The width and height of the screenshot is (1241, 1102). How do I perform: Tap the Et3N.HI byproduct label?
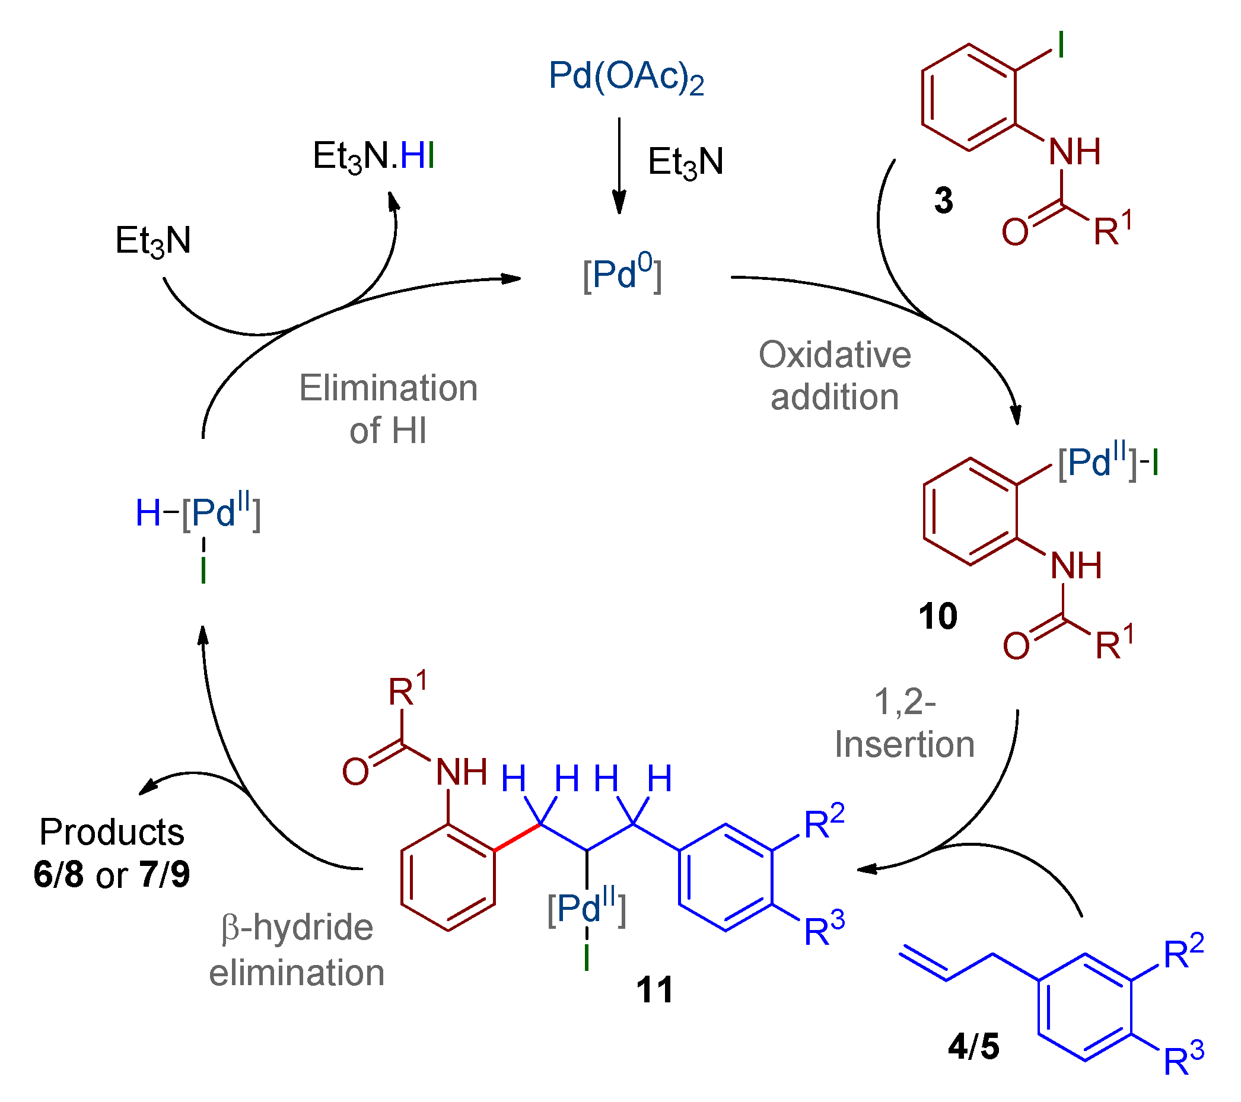coord(373,156)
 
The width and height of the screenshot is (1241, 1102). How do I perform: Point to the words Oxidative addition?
coord(834,376)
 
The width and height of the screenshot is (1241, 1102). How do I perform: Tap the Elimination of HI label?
coord(388,409)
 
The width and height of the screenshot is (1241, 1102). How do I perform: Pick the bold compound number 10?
coord(937,616)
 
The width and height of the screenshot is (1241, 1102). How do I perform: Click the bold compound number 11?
coord(654,990)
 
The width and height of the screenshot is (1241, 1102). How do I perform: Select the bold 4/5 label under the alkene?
coord(973,1047)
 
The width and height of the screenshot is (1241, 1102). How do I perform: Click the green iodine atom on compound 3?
coord(1061,46)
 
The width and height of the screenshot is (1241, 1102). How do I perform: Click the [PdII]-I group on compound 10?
coord(1108,464)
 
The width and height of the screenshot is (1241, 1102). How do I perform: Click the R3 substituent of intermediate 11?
coord(824,929)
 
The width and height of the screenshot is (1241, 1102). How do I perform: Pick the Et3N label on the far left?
coord(153,241)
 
